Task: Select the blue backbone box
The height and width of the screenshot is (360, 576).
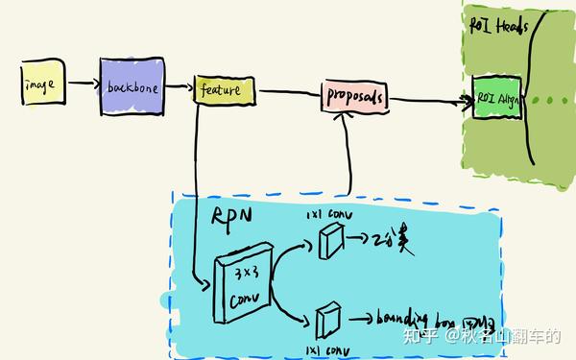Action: point(132,86)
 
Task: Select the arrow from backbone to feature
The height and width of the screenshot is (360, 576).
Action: point(179,88)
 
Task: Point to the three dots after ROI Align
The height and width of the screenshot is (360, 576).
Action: point(548,100)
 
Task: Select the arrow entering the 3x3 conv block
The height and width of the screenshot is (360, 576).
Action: point(202,282)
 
